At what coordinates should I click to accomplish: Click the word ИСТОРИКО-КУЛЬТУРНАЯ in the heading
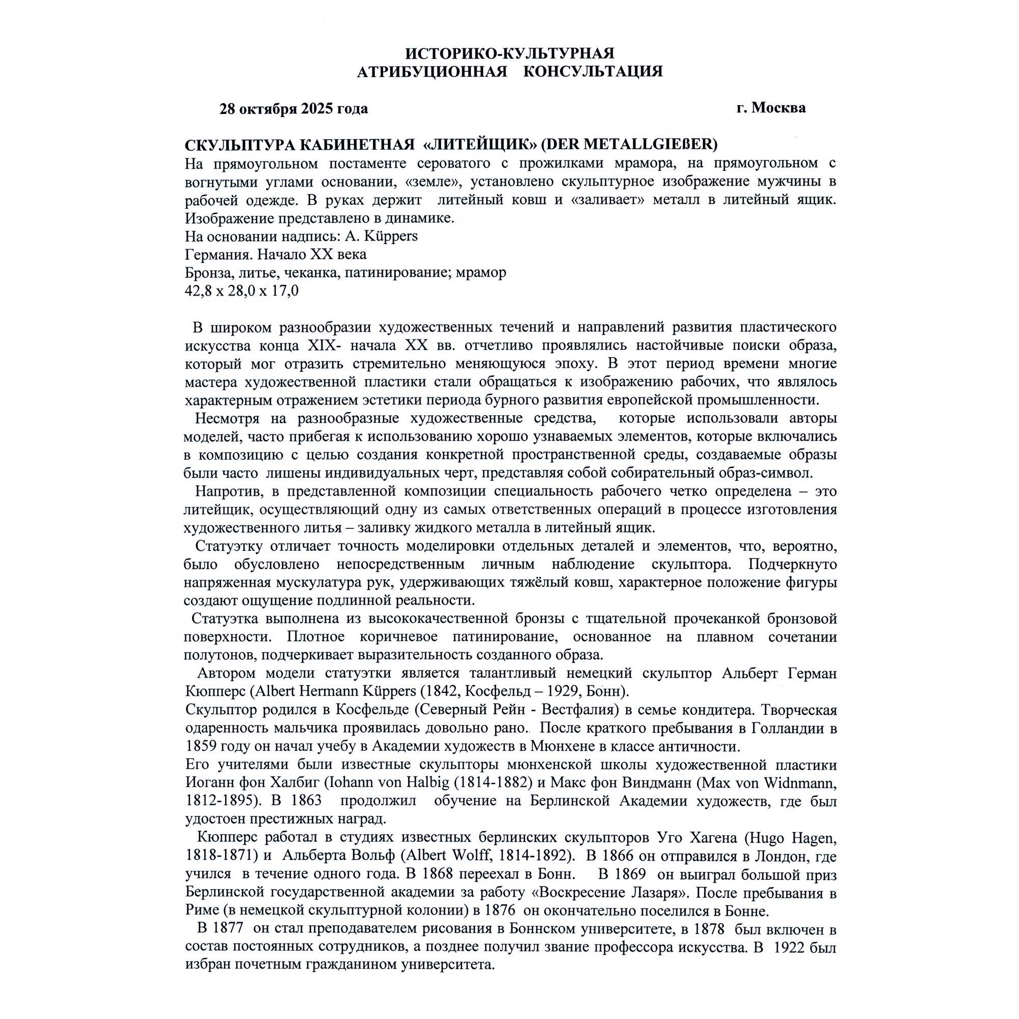coord(509,53)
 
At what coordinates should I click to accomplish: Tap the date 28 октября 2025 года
coord(294,109)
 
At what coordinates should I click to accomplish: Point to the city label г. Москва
coord(771,108)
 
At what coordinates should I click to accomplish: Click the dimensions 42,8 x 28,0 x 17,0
coord(242,290)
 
